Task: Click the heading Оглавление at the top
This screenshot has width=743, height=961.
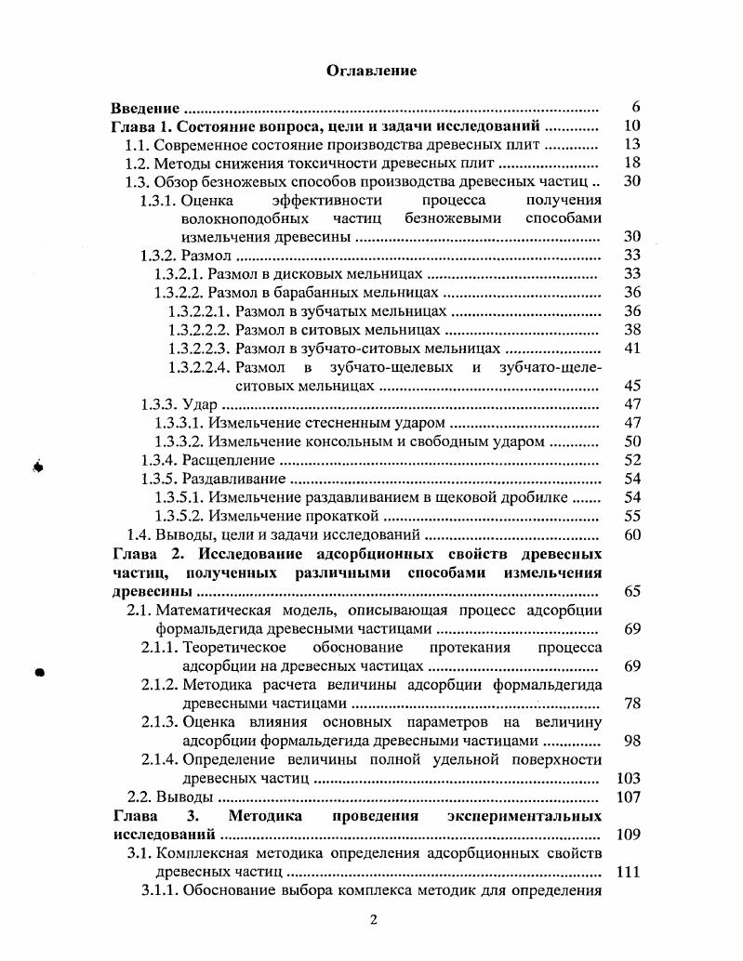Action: pos(371,71)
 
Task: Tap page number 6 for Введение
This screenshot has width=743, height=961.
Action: pos(635,108)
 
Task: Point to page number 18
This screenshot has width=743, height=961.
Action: pos(632,163)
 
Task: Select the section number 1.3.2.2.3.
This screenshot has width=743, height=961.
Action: pos(200,349)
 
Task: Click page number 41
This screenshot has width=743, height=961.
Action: pos(632,349)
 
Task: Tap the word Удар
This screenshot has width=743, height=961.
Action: pos(202,404)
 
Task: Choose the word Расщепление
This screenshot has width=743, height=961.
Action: pos(229,460)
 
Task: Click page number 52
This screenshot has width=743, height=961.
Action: pos(632,460)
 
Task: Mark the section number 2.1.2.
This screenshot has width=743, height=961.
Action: pos(160,685)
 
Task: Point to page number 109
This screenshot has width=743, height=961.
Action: pos(629,834)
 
